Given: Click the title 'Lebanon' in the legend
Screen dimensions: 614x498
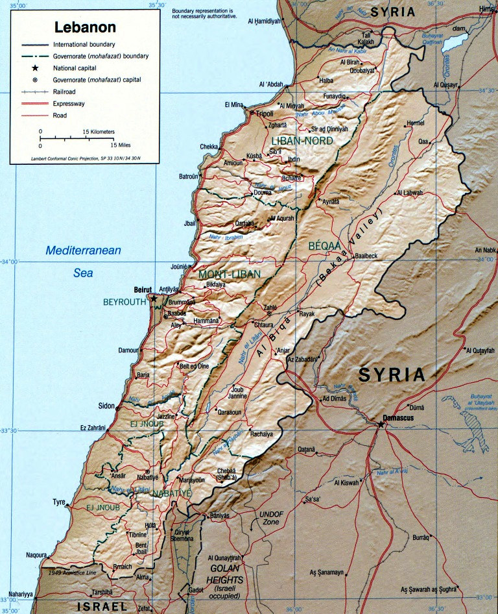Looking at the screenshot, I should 85,27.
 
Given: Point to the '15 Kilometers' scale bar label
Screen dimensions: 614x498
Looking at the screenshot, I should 98,132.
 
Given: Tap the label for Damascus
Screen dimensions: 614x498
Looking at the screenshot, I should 397,419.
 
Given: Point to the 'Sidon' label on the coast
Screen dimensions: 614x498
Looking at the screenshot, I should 106,406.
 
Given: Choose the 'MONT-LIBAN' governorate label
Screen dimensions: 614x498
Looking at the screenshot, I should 230,274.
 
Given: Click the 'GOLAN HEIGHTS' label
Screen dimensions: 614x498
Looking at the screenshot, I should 225,573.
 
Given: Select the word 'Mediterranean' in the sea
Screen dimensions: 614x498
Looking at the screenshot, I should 83,250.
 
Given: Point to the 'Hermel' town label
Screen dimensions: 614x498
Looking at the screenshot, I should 414,123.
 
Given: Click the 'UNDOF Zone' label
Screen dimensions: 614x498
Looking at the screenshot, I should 271,517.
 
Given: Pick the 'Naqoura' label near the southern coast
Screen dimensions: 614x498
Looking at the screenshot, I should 36,556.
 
